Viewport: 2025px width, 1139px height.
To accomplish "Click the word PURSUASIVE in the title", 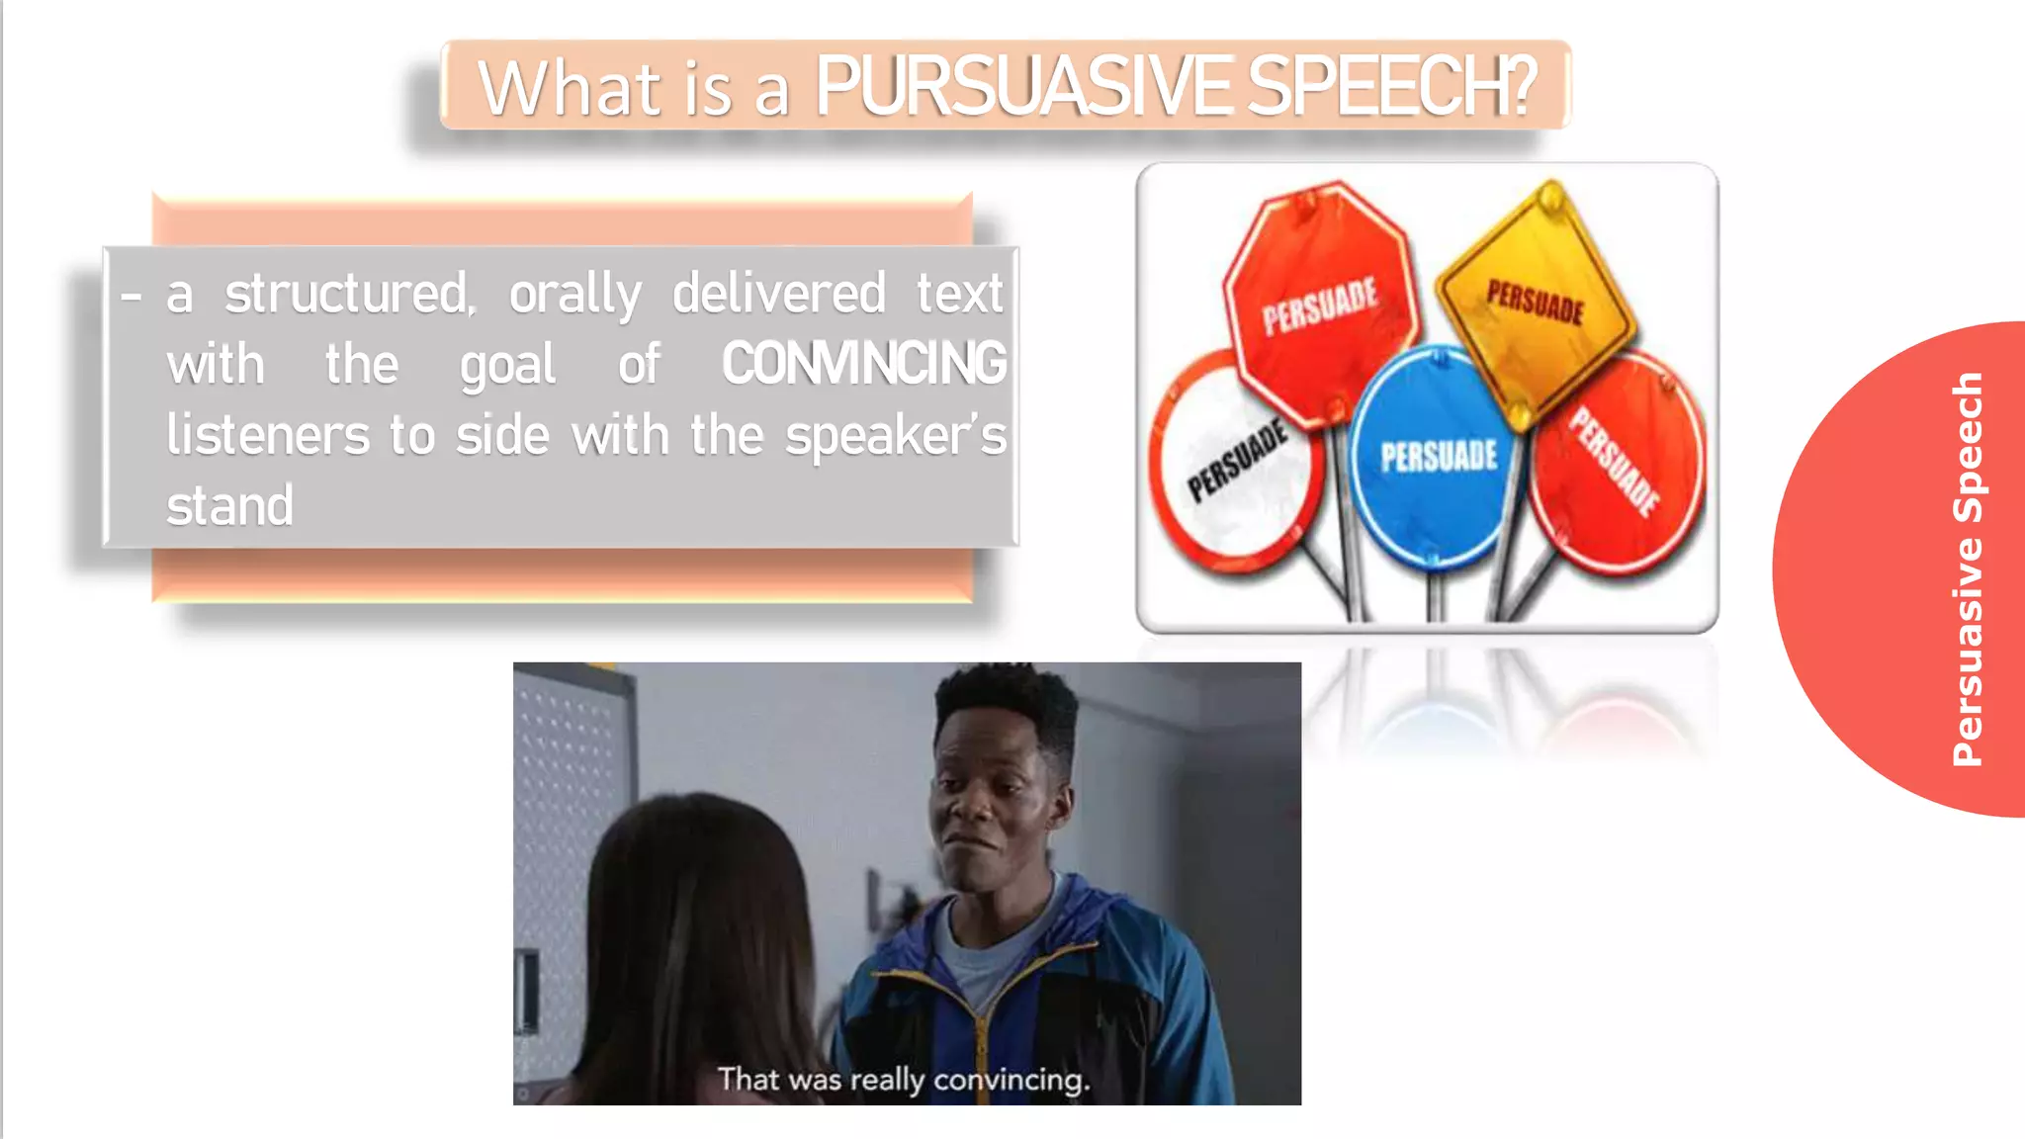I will pos(1022,87).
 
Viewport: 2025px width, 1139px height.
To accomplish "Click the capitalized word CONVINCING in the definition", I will pos(863,364).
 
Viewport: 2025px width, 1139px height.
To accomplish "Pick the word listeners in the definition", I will pos(267,436).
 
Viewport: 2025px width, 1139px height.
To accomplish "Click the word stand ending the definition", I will pos(229,506).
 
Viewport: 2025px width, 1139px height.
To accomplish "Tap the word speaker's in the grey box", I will pos(895,436).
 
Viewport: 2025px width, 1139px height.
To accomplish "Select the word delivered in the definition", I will pos(778,295).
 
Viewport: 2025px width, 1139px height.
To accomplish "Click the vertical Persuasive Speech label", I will pos(1968,569).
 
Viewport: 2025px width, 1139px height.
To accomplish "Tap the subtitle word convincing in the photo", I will pos(1011,1080).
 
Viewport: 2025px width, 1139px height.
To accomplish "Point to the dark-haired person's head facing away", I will pos(692,890).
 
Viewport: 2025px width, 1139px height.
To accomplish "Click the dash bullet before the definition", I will pos(131,296).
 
